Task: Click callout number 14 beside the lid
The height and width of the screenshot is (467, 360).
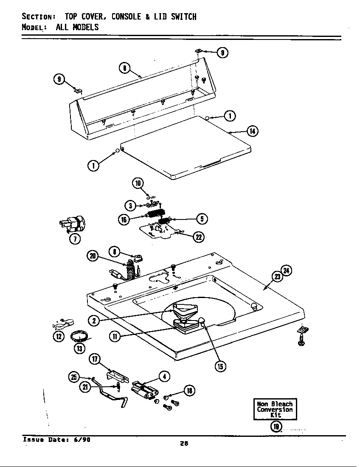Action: pyautogui.click(x=252, y=131)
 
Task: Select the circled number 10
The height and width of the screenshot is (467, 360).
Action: pyautogui.click(x=138, y=183)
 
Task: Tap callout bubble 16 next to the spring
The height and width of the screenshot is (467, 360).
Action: pyautogui.click(x=124, y=219)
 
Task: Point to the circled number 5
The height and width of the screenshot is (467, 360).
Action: pyautogui.click(x=201, y=219)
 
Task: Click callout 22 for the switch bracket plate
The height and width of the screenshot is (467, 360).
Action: pyautogui.click(x=198, y=237)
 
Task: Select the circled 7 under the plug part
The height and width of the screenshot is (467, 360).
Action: pyautogui.click(x=74, y=239)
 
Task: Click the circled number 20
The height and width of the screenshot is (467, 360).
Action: pyautogui.click(x=93, y=256)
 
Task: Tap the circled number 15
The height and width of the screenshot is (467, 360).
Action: pyautogui.click(x=220, y=366)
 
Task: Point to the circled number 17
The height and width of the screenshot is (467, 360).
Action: pyautogui.click(x=94, y=359)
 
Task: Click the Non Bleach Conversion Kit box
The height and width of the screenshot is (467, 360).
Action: pyautogui.click(x=275, y=409)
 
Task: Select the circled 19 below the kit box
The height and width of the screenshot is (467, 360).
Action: pyautogui.click(x=275, y=426)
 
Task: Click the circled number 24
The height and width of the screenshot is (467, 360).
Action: pyautogui.click(x=287, y=270)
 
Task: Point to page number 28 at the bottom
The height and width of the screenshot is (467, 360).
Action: pyautogui.click(x=183, y=444)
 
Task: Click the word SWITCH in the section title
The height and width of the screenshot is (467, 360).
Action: pyautogui.click(x=184, y=17)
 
